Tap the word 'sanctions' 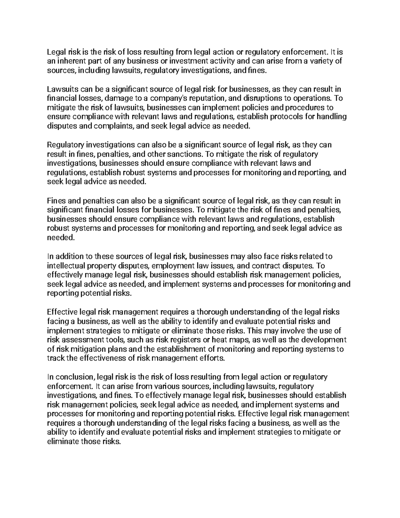pyautogui.click(x=185, y=154)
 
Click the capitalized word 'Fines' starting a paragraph pyautogui.click(x=55, y=201)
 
